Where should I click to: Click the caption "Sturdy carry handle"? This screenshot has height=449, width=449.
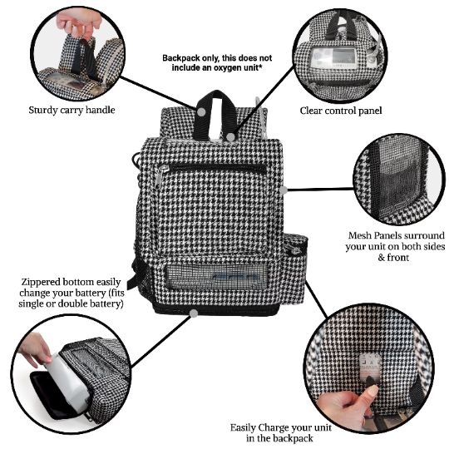tap(72, 109)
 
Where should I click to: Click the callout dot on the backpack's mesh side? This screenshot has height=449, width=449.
tap(284, 190)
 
